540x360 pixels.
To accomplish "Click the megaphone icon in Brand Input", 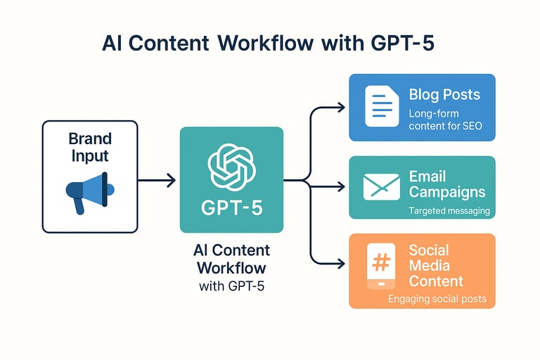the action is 89,192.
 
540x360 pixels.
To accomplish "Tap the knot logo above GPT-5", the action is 232,167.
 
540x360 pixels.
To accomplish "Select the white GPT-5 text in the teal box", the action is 232,208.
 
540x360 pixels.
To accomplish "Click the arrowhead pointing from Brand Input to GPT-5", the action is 171,180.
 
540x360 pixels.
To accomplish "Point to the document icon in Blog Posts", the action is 382,106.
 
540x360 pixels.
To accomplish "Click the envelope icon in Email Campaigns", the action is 382,187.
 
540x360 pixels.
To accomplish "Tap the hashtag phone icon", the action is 381,266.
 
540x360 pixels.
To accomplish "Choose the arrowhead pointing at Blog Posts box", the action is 341,108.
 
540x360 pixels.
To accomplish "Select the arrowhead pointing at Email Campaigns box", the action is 341,187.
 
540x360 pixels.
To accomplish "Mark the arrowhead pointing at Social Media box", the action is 341,264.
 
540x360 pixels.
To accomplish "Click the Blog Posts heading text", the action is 444,95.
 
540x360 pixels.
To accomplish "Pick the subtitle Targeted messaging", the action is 449,211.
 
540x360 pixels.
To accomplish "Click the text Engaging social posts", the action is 437,299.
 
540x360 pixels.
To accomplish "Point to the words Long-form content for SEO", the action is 445,120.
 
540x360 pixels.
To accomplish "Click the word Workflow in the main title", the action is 266,44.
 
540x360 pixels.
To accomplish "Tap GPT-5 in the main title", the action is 402,44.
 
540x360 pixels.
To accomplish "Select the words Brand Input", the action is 90,147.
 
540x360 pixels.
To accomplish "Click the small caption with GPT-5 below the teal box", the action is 232,286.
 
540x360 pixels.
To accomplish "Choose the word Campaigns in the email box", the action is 447,193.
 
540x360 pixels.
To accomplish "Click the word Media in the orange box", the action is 429,266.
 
